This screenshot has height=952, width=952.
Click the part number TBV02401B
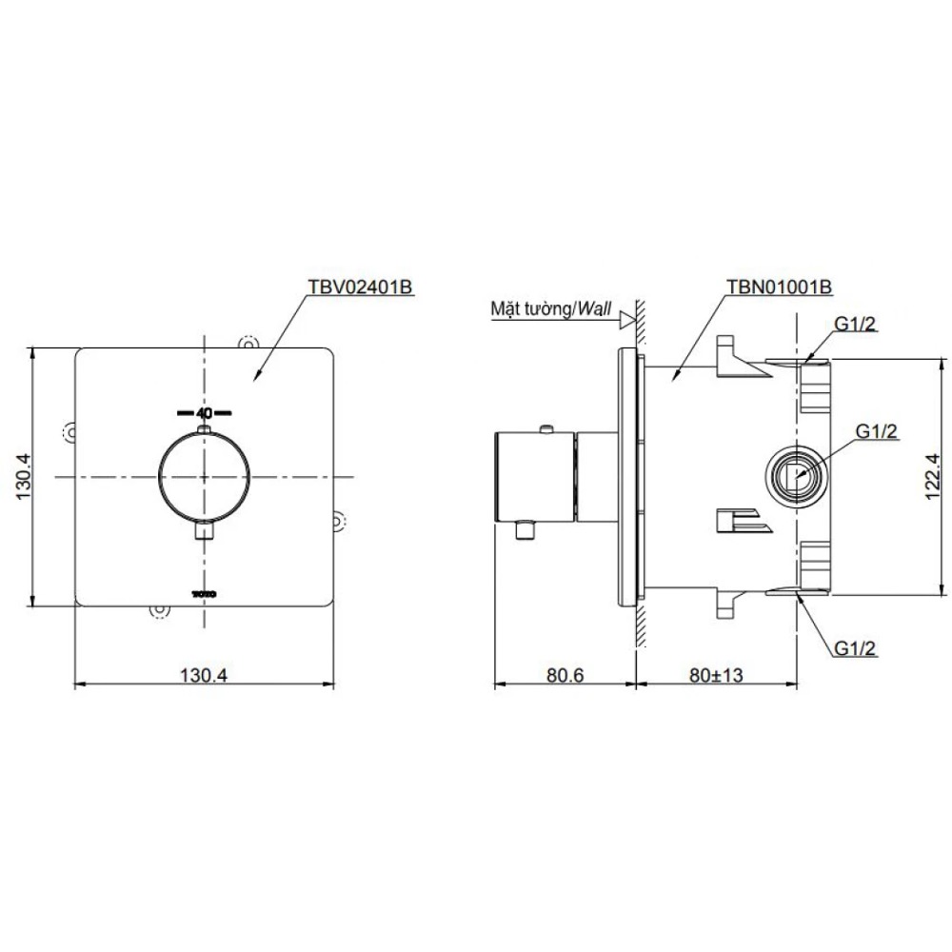(361, 287)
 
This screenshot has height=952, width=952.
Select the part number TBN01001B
(779, 287)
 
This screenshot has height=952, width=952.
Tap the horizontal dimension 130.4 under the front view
(204, 675)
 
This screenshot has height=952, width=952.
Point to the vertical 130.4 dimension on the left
(23, 477)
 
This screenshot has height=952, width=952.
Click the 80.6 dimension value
(565, 675)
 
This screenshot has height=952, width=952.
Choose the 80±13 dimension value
(716, 675)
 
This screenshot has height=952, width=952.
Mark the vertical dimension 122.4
(932, 477)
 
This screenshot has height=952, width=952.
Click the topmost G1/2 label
(856, 324)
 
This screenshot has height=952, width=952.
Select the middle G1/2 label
(876, 431)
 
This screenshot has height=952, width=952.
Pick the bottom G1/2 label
(856, 647)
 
